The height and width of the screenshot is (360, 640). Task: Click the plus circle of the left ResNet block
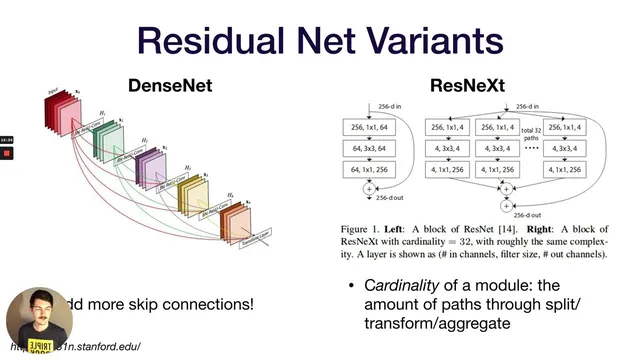(368, 188)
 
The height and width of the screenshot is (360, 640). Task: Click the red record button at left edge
(6, 153)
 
